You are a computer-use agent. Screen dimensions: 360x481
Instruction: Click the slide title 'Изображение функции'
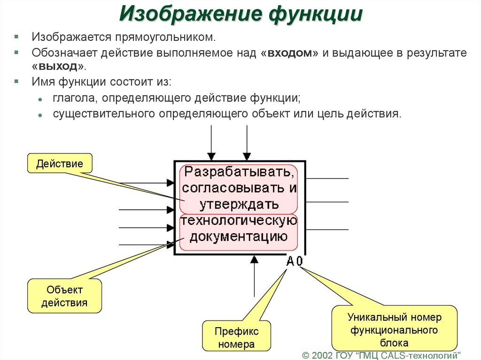click(240, 15)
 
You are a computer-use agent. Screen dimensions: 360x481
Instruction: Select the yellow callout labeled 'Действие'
click(60, 164)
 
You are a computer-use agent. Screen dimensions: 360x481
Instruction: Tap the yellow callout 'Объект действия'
click(64, 296)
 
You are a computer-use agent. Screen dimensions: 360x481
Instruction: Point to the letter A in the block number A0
click(291, 261)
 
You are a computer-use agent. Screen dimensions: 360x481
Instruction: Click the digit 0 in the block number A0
click(300, 261)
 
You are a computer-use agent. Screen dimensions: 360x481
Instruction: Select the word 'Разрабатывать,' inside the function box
click(239, 172)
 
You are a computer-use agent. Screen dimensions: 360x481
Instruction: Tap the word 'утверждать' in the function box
click(239, 204)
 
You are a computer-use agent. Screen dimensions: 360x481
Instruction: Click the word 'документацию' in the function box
click(239, 236)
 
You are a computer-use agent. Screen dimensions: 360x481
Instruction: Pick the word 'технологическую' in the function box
click(239, 221)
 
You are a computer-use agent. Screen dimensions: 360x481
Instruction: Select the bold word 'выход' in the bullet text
click(58, 66)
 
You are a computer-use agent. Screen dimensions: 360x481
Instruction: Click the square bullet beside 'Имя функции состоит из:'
click(17, 81)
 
